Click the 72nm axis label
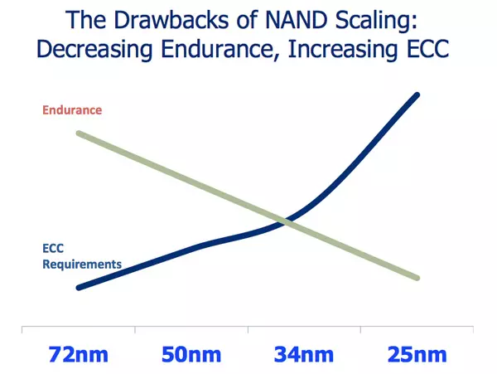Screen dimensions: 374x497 77,354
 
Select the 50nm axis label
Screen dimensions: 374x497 191,354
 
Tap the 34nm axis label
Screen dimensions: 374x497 304,354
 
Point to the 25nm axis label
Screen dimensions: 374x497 417,354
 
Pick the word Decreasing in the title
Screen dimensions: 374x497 94,49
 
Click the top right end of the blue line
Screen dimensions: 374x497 416,95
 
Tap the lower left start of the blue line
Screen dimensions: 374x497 78,288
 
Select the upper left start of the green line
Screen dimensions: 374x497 78,134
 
